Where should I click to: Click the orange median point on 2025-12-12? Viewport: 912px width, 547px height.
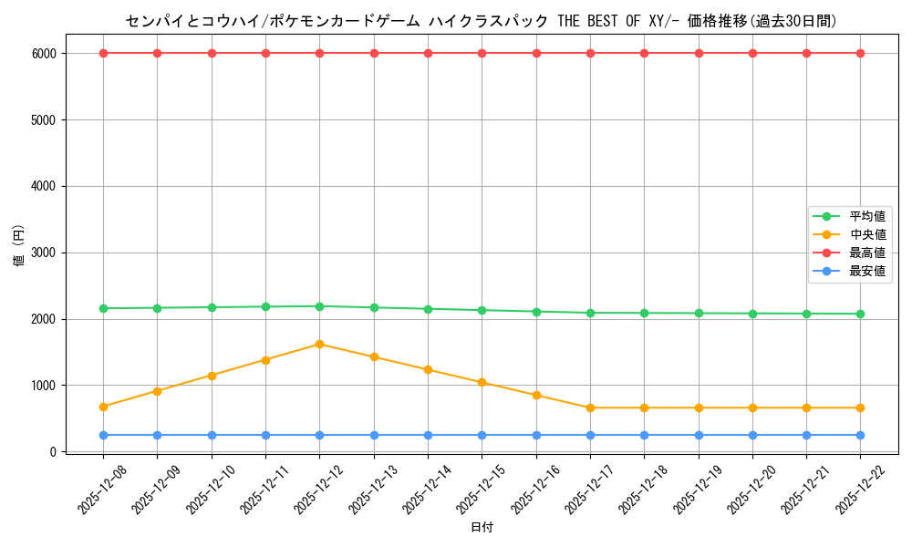[319, 344]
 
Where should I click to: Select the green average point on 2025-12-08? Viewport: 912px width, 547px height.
[103, 308]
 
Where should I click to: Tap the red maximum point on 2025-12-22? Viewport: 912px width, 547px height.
[860, 53]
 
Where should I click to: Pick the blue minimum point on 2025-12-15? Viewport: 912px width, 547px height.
[482, 435]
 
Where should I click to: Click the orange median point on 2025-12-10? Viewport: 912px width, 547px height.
[212, 376]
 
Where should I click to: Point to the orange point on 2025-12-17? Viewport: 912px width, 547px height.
[590, 408]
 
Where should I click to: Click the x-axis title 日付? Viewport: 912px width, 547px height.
[482, 528]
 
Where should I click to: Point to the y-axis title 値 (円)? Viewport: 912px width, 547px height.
[18, 246]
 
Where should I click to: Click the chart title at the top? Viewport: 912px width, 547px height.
[482, 21]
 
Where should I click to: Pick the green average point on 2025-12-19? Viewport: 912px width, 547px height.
[699, 313]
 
